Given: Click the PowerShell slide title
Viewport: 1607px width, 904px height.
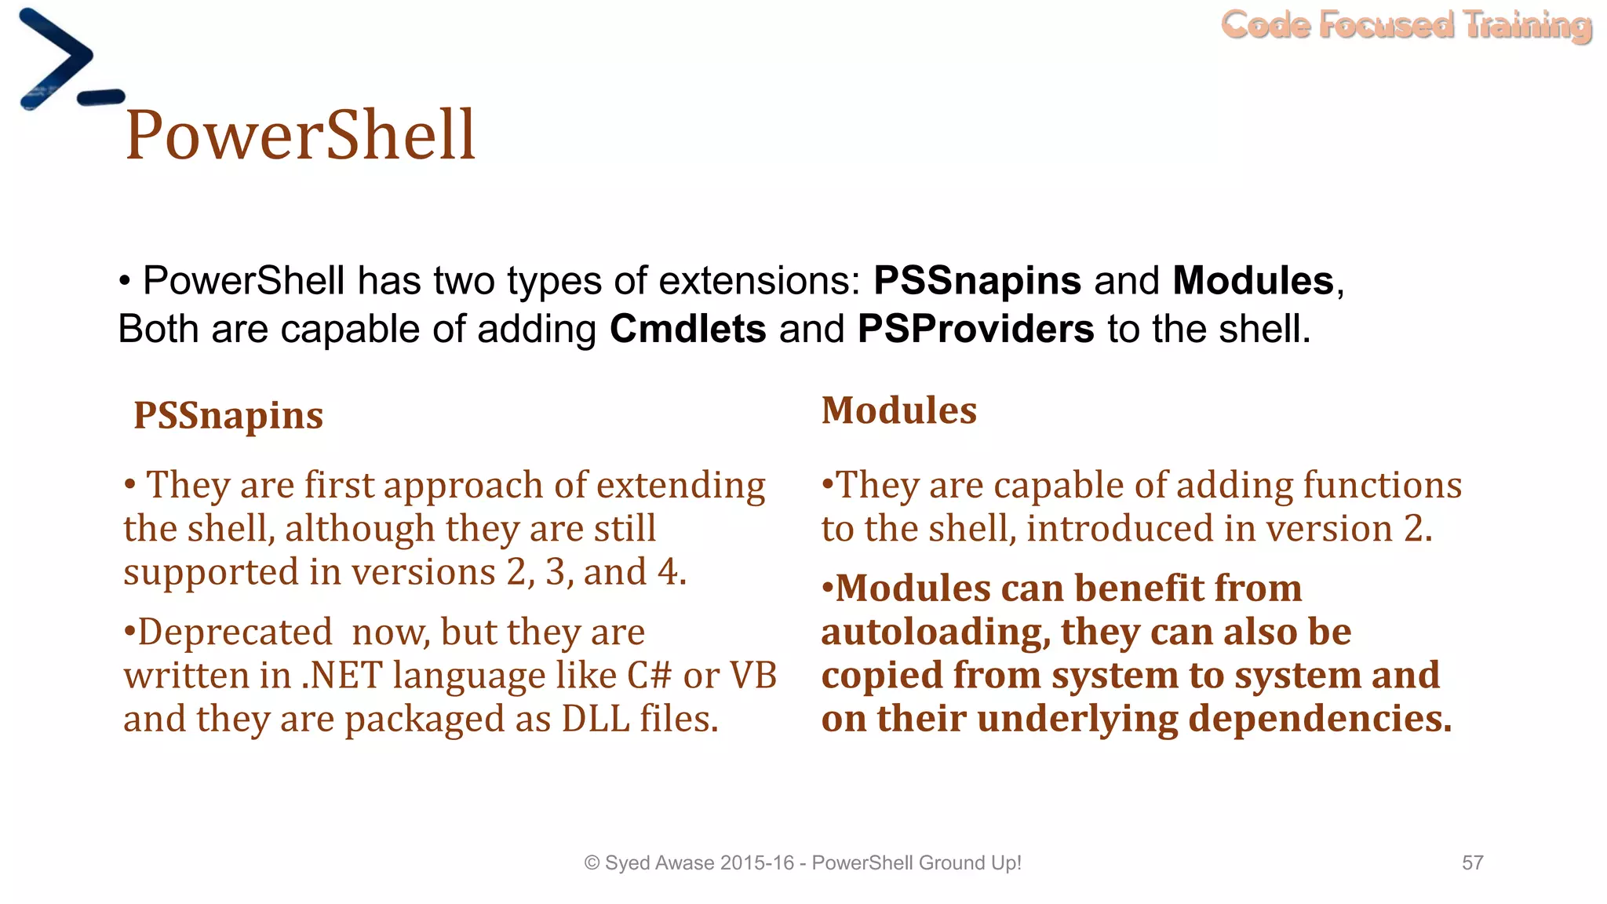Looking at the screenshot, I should point(301,135).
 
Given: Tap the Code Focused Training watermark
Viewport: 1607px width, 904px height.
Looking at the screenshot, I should point(1406,25).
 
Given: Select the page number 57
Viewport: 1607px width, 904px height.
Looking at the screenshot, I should point(1472,862).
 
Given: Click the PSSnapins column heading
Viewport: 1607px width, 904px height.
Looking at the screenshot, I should point(228,415).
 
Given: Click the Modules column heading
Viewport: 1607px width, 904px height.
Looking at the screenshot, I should point(898,410).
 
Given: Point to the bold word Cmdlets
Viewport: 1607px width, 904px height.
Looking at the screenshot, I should point(687,329).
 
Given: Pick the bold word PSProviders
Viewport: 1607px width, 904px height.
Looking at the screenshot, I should point(975,329).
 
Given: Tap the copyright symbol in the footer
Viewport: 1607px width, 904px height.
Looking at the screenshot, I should point(592,863).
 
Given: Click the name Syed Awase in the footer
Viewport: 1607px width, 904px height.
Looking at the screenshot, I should point(660,863).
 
